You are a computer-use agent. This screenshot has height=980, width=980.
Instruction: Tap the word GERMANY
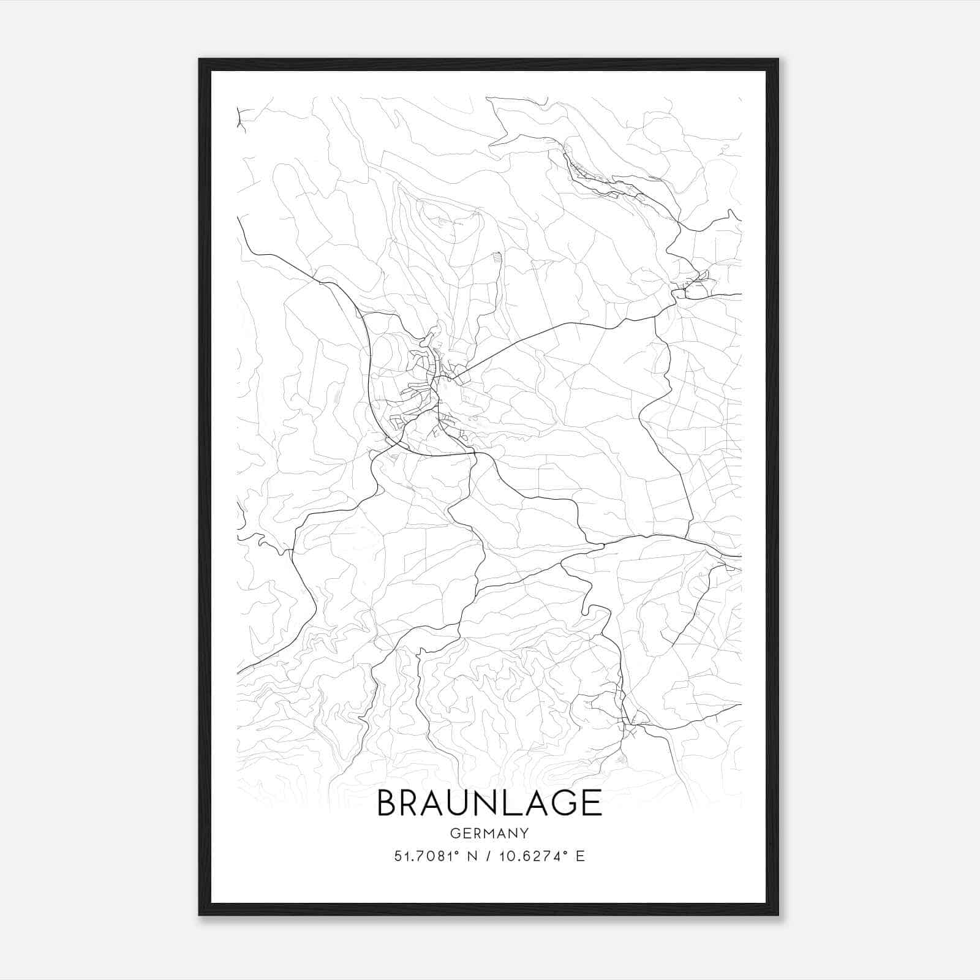(489, 833)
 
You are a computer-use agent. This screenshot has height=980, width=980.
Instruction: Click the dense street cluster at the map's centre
(429, 392)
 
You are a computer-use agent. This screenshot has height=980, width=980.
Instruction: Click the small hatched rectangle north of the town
(497, 258)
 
